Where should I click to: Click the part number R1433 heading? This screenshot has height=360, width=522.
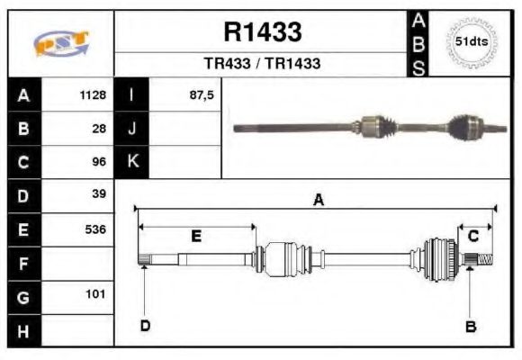tap(262, 32)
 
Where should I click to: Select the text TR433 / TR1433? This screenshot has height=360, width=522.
tap(262, 64)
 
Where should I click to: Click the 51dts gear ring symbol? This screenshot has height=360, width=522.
tap(472, 42)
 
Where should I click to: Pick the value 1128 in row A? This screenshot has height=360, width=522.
tap(93, 94)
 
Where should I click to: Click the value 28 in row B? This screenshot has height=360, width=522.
tap(99, 128)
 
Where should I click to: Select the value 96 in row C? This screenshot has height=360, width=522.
tap(99, 162)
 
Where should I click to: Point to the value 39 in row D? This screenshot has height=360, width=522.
tap(99, 194)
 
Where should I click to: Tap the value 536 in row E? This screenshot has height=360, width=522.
tap(95, 229)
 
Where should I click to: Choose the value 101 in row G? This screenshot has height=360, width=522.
tap(95, 294)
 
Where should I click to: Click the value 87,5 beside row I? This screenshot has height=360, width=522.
tap(202, 94)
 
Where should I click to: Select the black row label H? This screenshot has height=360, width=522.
tap(23, 330)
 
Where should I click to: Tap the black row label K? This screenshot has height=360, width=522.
tap(131, 161)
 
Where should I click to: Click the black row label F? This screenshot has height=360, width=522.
tap(23, 263)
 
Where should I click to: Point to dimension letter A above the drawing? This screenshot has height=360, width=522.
tap(318, 200)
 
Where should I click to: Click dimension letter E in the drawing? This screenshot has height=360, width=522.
tap(195, 237)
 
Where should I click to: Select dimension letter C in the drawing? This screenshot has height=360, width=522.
tap(473, 236)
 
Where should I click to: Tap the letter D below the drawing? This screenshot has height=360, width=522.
tap(144, 326)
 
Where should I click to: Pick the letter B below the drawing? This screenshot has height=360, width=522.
tap(470, 326)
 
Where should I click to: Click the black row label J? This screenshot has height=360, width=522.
tap(131, 128)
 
